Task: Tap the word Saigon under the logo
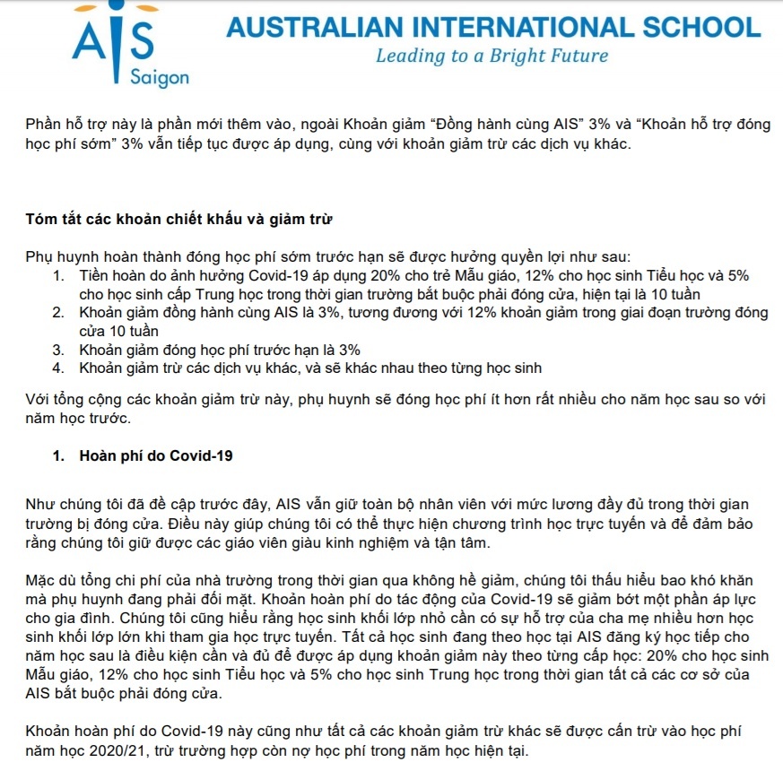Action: point(160,78)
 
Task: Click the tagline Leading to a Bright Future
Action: point(492,56)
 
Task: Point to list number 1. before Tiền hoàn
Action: point(58,275)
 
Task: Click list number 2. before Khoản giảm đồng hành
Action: point(58,313)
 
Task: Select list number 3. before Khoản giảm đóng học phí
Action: point(58,350)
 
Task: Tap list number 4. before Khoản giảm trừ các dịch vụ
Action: point(58,368)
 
